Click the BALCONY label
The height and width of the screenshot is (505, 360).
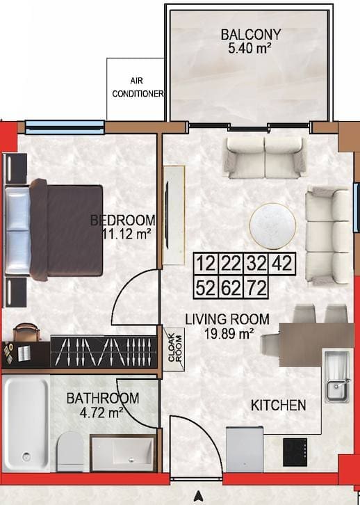pyautogui.click(x=251, y=35)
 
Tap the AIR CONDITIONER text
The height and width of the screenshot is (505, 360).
pyautogui.click(x=138, y=87)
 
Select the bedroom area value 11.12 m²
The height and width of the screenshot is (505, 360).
pyautogui.click(x=126, y=234)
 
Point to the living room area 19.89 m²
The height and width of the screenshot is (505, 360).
pyautogui.click(x=228, y=333)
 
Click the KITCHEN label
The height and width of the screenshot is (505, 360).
pyautogui.click(x=278, y=405)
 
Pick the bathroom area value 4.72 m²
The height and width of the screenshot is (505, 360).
pyautogui.click(x=101, y=412)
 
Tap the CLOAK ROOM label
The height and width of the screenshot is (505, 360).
pyautogui.click(x=175, y=348)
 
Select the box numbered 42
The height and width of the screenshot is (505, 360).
pyautogui.click(x=282, y=264)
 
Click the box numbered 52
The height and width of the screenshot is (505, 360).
pyautogui.click(x=206, y=287)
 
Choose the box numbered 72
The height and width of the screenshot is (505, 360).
pyautogui.click(x=256, y=287)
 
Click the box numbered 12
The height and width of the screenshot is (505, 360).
pyautogui.click(x=206, y=264)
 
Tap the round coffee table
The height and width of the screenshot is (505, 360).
pyautogui.click(x=273, y=226)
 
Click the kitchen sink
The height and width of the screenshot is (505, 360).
pyautogui.click(x=336, y=376)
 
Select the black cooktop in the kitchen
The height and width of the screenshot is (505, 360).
pyautogui.click(x=295, y=452)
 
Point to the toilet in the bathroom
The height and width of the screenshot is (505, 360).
pyautogui.click(x=70, y=451)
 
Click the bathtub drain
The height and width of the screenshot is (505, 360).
pyautogui.click(x=26, y=456)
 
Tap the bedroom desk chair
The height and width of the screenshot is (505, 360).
pyautogui.click(x=26, y=332)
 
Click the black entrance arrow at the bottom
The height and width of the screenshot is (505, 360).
pyautogui.click(x=199, y=497)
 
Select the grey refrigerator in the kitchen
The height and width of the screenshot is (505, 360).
pyautogui.click(x=245, y=449)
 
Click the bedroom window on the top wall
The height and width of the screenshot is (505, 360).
pyautogui.click(x=65, y=127)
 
